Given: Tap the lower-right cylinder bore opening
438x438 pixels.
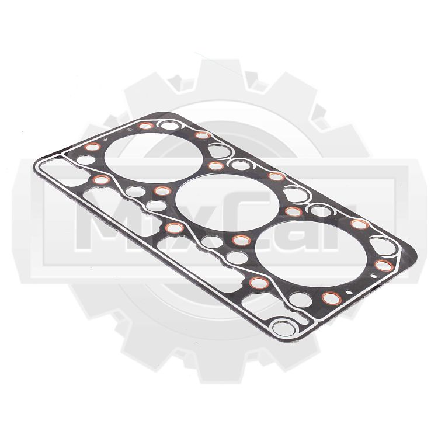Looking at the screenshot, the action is click(311, 253).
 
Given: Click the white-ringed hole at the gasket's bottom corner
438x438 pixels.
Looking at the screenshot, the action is click(283, 328).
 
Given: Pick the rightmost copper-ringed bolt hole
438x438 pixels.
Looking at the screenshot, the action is click(384, 265).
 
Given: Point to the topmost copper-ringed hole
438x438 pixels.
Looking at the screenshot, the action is click(146, 126).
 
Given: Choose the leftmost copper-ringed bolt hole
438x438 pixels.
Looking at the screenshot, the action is click(92, 147).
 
